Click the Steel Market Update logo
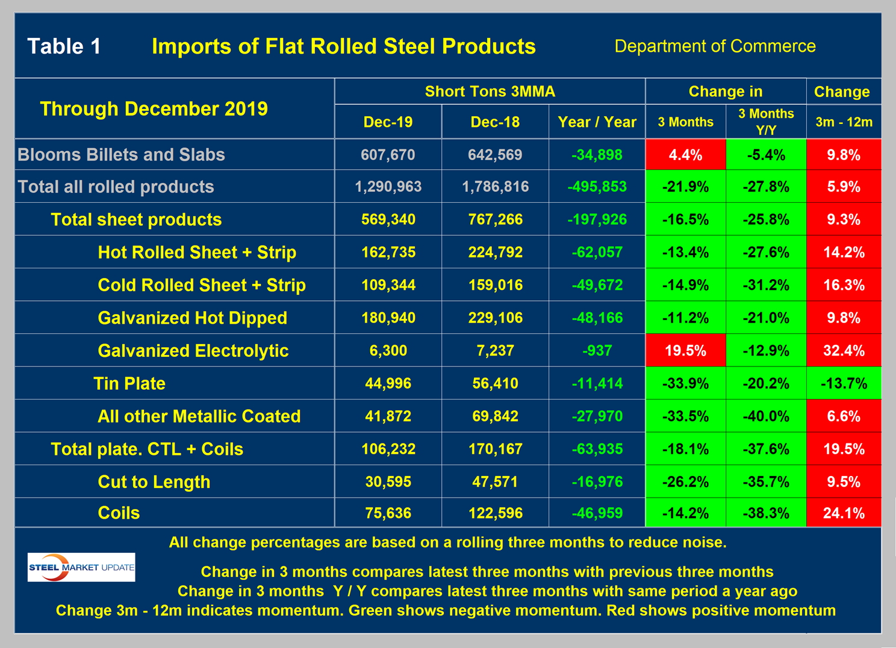tap(81, 567)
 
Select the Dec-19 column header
tap(388, 122)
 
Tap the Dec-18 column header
tap(495, 122)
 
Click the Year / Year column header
tap(597, 122)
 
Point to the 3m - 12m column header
tap(844, 122)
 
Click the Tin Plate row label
tap(129, 383)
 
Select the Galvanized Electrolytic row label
tap(193, 351)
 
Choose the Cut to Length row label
tap(154, 482)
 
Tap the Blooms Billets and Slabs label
tap(121, 155)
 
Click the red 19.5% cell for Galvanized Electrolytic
tap(685, 351)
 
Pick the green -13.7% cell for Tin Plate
tap(844, 383)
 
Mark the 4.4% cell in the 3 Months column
tap(685, 155)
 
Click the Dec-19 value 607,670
tap(388, 155)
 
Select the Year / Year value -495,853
tap(597, 187)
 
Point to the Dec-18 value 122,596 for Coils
tap(495, 513)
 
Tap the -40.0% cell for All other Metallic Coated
tap(765, 416)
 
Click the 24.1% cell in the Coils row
tap(844, 513)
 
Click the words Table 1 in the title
tap(64, 46)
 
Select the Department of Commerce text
tap(715, 46)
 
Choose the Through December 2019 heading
tap(154, 109)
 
